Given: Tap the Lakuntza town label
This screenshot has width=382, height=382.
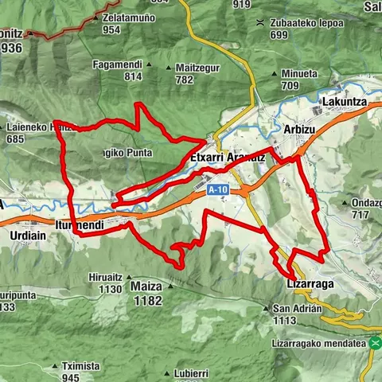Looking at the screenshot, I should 343,103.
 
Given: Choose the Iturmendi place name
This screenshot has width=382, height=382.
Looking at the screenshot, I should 80,226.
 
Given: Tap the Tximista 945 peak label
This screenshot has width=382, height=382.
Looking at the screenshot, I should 80,371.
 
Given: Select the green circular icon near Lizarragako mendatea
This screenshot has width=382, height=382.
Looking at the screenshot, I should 375,343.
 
